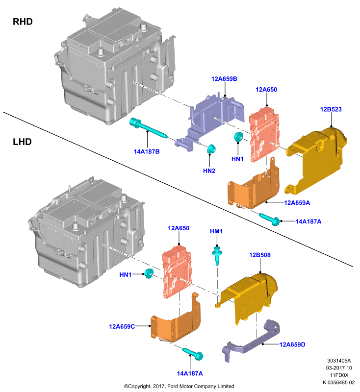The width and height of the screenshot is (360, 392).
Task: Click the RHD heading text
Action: point(23,22)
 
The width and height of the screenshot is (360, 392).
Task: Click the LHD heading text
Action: point(22,142)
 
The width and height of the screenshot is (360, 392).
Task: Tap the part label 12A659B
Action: point(224,79)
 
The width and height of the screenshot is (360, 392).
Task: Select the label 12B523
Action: point(331,109)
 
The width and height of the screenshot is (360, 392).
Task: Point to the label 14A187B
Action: point(147,152)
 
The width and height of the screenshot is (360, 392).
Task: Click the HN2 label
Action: point(209,171)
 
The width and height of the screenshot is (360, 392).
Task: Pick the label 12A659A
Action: point(297,203)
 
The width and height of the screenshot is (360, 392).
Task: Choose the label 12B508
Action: point(260,255)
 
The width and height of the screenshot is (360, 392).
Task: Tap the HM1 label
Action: point(216,231)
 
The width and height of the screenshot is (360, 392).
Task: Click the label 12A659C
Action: point(122,326)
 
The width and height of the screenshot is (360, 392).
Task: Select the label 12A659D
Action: point(292,344)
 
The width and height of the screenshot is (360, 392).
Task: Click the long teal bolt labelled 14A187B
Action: point(148,129)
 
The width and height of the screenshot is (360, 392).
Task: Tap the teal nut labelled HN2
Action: point(212,149)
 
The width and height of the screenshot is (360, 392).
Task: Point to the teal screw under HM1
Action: point(217,256)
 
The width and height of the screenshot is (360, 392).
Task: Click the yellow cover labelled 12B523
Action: point(316,160)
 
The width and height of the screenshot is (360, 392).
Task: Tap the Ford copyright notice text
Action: point(179,386)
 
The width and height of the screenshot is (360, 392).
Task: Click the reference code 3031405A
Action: point(339,361)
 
